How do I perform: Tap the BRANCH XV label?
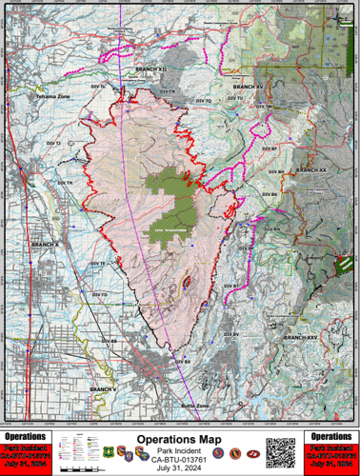(x=247, y=88)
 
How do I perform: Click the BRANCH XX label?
(x=310, y=169)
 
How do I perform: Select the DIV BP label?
(x=268, y=149)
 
